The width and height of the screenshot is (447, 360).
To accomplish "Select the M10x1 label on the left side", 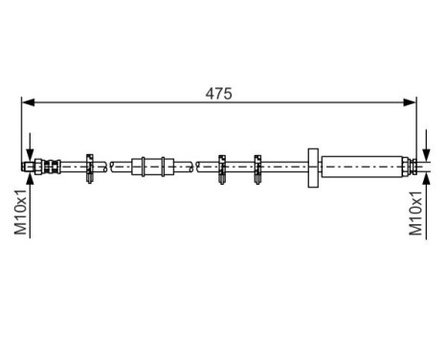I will click(20, 212).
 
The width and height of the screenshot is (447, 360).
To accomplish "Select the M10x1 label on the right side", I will click(416, 212).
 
